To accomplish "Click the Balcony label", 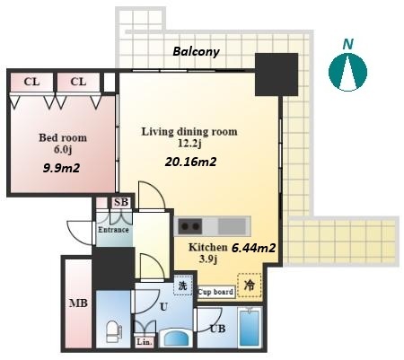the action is pos(196,52).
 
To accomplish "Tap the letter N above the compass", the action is pos(347,44).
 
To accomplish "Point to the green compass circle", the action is pos(347,72).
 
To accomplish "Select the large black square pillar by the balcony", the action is pos(277,75).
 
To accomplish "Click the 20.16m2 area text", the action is pos(190,162).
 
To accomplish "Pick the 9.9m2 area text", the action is pos(61,168).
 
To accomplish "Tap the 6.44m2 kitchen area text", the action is pos(254,248).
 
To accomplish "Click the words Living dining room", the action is pos(189,132).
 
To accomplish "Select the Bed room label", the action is pos(63,137).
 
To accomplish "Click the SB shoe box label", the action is pos(121,202).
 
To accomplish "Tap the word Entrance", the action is pos(113,230).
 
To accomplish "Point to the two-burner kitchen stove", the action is pos(189,226).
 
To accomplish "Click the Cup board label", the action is pos(215,292).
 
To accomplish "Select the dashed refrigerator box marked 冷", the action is pos(250,285).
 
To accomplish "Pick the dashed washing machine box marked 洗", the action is pos(182,285).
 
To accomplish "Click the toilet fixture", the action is pos(113,331).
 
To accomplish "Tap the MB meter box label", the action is pos(78,303).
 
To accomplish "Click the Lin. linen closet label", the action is pos(145,342).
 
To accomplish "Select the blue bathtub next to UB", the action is pos(250,327).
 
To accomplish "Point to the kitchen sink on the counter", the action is pos(232,226).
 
